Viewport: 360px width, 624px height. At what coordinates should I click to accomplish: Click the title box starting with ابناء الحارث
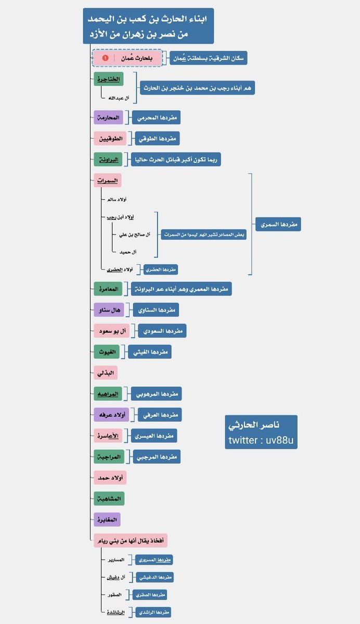[x=148, y=27]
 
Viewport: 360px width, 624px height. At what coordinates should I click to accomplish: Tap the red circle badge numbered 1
[x=106, y=58]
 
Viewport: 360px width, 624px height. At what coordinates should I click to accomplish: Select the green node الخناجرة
[x=108, y=80]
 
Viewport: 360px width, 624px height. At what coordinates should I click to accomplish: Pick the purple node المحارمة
[x=107, y=118]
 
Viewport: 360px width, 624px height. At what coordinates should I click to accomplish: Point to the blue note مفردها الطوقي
[x=157, y=139]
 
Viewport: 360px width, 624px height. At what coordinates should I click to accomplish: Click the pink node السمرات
[x=108, y=181]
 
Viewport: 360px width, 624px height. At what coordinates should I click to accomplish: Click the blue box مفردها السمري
[x=278, y=225]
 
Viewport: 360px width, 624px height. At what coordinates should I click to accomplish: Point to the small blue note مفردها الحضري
[x=161, y=269]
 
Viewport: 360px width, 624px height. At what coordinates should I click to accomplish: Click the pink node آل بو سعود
[x=111, y=331]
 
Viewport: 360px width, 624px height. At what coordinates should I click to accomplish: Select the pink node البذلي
[x=106, y=373]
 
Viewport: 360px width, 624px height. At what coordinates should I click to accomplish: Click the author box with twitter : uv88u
[x=261, y=433]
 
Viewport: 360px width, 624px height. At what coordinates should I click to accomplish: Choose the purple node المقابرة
[x=107, y=519]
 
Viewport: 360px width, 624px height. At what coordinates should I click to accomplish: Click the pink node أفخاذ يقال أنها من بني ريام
[x=130, y=540]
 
